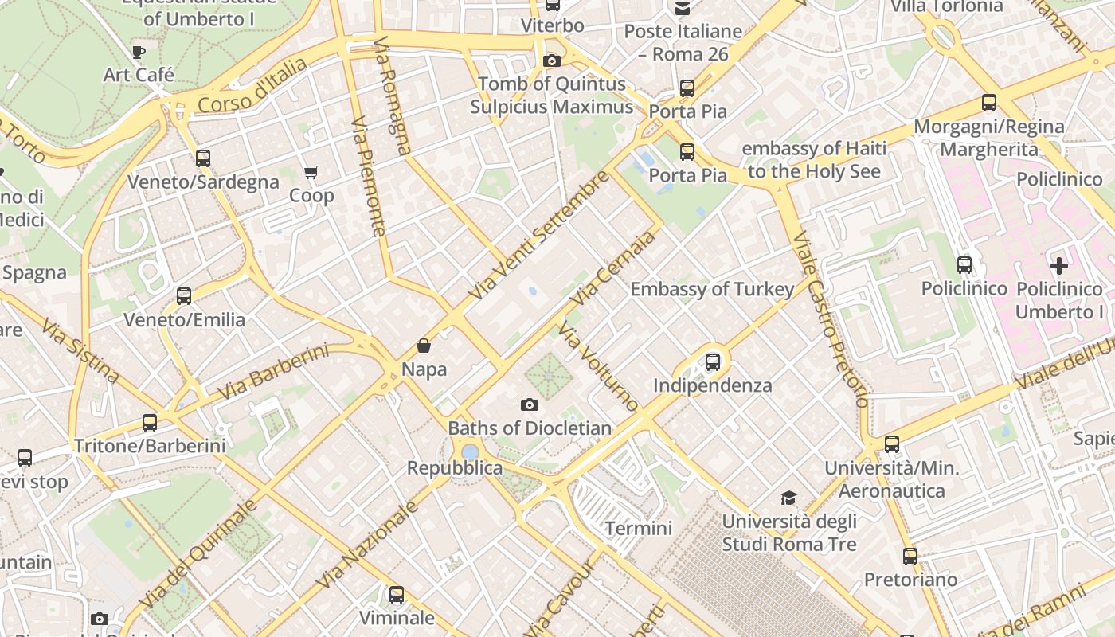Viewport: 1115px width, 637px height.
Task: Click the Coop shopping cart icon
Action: click(311, 172)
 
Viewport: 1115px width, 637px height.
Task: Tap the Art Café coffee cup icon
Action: click(139, 53)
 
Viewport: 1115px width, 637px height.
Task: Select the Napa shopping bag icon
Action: click(424, 346)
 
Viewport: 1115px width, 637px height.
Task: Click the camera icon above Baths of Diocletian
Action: click(529, 405)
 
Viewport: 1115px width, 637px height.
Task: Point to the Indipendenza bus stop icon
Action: click(713, 362)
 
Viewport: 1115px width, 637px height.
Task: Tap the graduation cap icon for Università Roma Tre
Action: click(788, 498)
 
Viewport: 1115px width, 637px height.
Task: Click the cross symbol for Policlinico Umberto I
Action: click(1059, 265)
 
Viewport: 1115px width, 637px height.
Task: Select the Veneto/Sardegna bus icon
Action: click(203, 158)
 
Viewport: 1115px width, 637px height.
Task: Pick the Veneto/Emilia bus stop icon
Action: click(184, 296)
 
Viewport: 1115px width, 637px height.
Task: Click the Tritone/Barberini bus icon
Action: click(150, 423)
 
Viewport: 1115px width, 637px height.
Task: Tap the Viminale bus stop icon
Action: click(396, 594)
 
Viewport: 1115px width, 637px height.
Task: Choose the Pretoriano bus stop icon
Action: click(910, 557)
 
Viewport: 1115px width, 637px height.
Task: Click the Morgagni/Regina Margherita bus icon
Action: click(989, 103)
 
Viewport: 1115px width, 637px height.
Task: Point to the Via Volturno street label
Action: click(598, 366)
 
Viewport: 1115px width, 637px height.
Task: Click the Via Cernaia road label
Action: click(613, 268)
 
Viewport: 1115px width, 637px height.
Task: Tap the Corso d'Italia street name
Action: click(252, 86)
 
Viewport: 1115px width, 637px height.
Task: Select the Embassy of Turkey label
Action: click(712, 289)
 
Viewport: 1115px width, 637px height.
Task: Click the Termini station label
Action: click(639, 528)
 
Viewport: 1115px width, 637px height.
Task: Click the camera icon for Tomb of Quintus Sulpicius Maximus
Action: click(551, 61)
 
